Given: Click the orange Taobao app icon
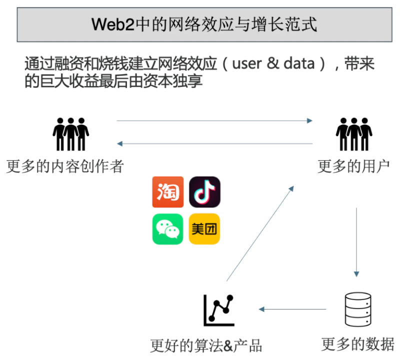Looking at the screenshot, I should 167,192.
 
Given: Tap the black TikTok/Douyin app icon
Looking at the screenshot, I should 205,192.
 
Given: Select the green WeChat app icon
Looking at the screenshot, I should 167,229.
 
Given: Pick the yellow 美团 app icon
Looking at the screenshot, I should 205,229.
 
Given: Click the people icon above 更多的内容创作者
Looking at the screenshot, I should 70,134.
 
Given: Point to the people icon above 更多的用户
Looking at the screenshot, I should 354,134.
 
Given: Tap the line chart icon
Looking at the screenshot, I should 218,308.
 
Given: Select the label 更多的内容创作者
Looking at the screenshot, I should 65,166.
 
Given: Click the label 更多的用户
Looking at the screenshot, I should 353,166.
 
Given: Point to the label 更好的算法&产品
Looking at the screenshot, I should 206,345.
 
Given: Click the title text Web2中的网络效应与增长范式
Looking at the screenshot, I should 204,24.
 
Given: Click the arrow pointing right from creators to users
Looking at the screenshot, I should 214,120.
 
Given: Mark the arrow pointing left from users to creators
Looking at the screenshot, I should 214,144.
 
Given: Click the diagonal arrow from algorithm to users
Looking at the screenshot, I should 260,232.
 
